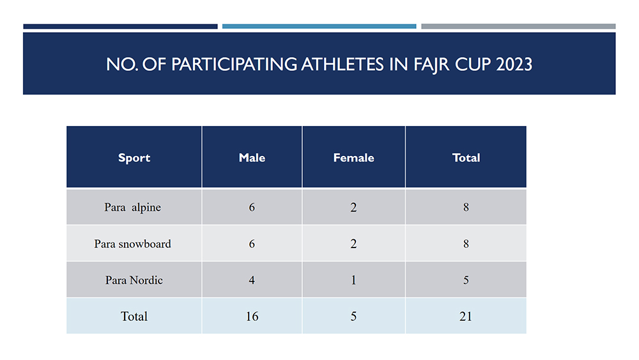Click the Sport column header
[134, 158]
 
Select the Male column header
[252, 158]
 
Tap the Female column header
[354, 158]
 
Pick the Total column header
[466, 158]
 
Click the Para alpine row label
[132, 207]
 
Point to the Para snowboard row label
[132, 244]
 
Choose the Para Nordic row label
[134, 280]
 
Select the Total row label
[134, 317]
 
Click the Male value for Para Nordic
[252, 280]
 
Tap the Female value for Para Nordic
[353, 280]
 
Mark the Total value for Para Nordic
[466, 280]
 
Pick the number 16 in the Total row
[252, 317]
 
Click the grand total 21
[465, 317]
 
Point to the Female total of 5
[353, 317]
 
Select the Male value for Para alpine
[252, 207]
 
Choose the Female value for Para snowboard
[353, 244]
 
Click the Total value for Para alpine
[466, 207]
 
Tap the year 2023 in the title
[514, 65]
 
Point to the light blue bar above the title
[319, 26]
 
